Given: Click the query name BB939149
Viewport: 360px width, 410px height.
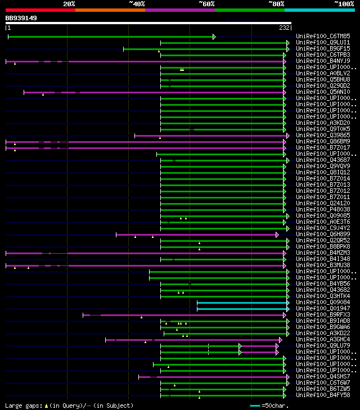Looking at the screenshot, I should [21, 18].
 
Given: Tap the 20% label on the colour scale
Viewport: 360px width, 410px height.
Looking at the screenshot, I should [69, 4].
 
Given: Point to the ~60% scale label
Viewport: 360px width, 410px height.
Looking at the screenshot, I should [206, 4].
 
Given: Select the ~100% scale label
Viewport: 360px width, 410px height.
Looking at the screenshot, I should [344, 4].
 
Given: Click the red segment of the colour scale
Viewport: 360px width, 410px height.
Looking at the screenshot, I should [40, 10].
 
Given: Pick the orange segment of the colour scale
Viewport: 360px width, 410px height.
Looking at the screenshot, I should [110, 10].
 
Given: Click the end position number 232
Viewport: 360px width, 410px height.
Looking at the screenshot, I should [284, 27].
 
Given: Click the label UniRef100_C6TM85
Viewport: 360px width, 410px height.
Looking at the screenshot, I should [323, 37].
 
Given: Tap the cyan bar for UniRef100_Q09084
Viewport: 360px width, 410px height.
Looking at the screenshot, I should [242, 303].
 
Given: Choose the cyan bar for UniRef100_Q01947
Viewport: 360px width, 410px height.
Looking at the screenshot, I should [242, 309].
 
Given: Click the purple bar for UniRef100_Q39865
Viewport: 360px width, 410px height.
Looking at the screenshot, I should [211, 136].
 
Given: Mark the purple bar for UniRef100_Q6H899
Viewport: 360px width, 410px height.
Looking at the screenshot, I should [196, 235].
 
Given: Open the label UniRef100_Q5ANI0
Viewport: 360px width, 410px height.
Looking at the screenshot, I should [323, 92].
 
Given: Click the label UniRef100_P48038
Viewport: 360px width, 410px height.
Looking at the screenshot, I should [323, 210].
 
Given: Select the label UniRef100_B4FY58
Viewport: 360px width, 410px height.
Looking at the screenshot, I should [323, 395].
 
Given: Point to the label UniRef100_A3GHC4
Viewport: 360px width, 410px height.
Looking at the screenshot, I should [323, 340].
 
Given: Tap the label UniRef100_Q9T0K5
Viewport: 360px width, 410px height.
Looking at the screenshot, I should [323, 129].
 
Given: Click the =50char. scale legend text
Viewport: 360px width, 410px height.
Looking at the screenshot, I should [275, 406].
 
